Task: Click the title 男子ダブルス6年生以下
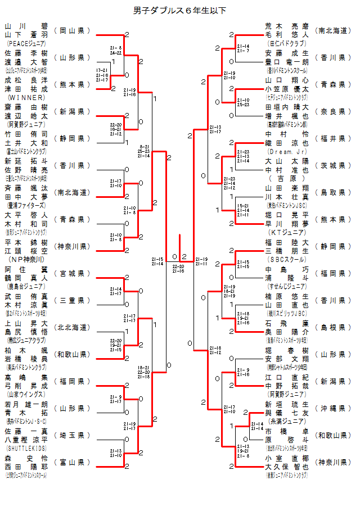(x=179, y=10)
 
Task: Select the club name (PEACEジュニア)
(x=26, y=43)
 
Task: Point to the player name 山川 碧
(x=26, y=26)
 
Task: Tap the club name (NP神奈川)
(x=26, y=259)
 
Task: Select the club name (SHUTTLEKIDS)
(x=26, y=448)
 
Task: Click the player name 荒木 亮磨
(x=287, y=26)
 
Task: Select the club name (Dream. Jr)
(x=287, y=151)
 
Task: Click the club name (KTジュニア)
(x=287, y=232)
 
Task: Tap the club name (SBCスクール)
(x=287, y=259)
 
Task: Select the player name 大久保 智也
(x=287, y=467)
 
